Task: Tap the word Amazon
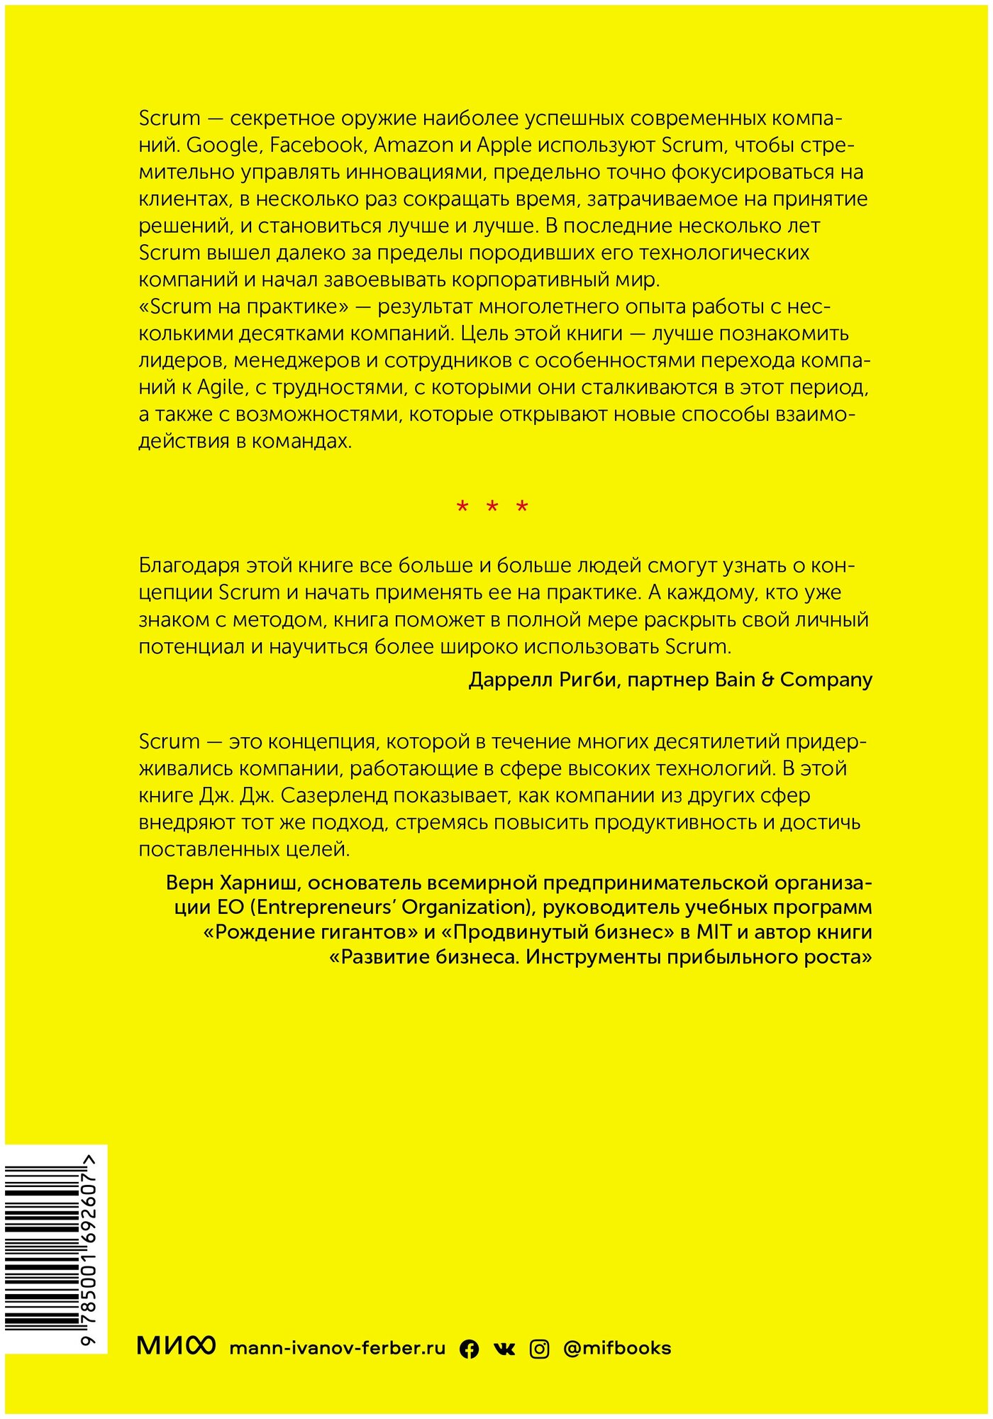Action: click(x=414, y=145)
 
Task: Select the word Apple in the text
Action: click(x=504, y=145)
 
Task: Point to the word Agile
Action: click(x=220, y=388)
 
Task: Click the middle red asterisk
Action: click(x=492, y=507)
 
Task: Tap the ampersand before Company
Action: click(x=767, y=680)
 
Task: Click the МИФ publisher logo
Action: click(x=175, y=1346)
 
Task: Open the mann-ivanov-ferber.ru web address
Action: click(x=338, y=1348)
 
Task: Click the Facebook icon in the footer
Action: click(x=469, y=1349)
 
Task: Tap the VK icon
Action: click(x=504, y=1349)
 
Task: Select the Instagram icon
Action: click(x=539, y=1349)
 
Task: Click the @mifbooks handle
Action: click(x=617, y=1348)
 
